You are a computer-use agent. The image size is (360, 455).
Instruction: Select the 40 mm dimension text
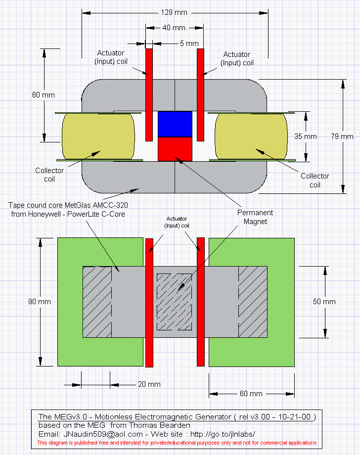click(174, 28)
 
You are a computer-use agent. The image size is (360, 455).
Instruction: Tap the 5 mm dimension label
click(188, 44)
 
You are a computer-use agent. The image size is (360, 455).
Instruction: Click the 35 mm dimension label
click(305, 136)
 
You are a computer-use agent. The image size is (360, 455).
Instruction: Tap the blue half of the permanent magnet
click(175, 124)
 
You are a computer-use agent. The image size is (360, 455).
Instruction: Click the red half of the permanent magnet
click(175, 148)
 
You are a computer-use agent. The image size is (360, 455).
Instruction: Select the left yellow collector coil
click(98, 136)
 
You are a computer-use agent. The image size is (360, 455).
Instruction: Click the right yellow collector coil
click(251, 136)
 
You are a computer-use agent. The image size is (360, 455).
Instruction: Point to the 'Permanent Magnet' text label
click(255, 217)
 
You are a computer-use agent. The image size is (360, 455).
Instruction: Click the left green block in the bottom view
click(69, 302)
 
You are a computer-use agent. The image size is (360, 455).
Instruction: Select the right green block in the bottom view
click(282, 302)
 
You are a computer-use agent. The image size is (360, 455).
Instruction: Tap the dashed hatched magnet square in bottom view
click(174, 302)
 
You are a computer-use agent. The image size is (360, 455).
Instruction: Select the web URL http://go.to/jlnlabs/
click(229, 434)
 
